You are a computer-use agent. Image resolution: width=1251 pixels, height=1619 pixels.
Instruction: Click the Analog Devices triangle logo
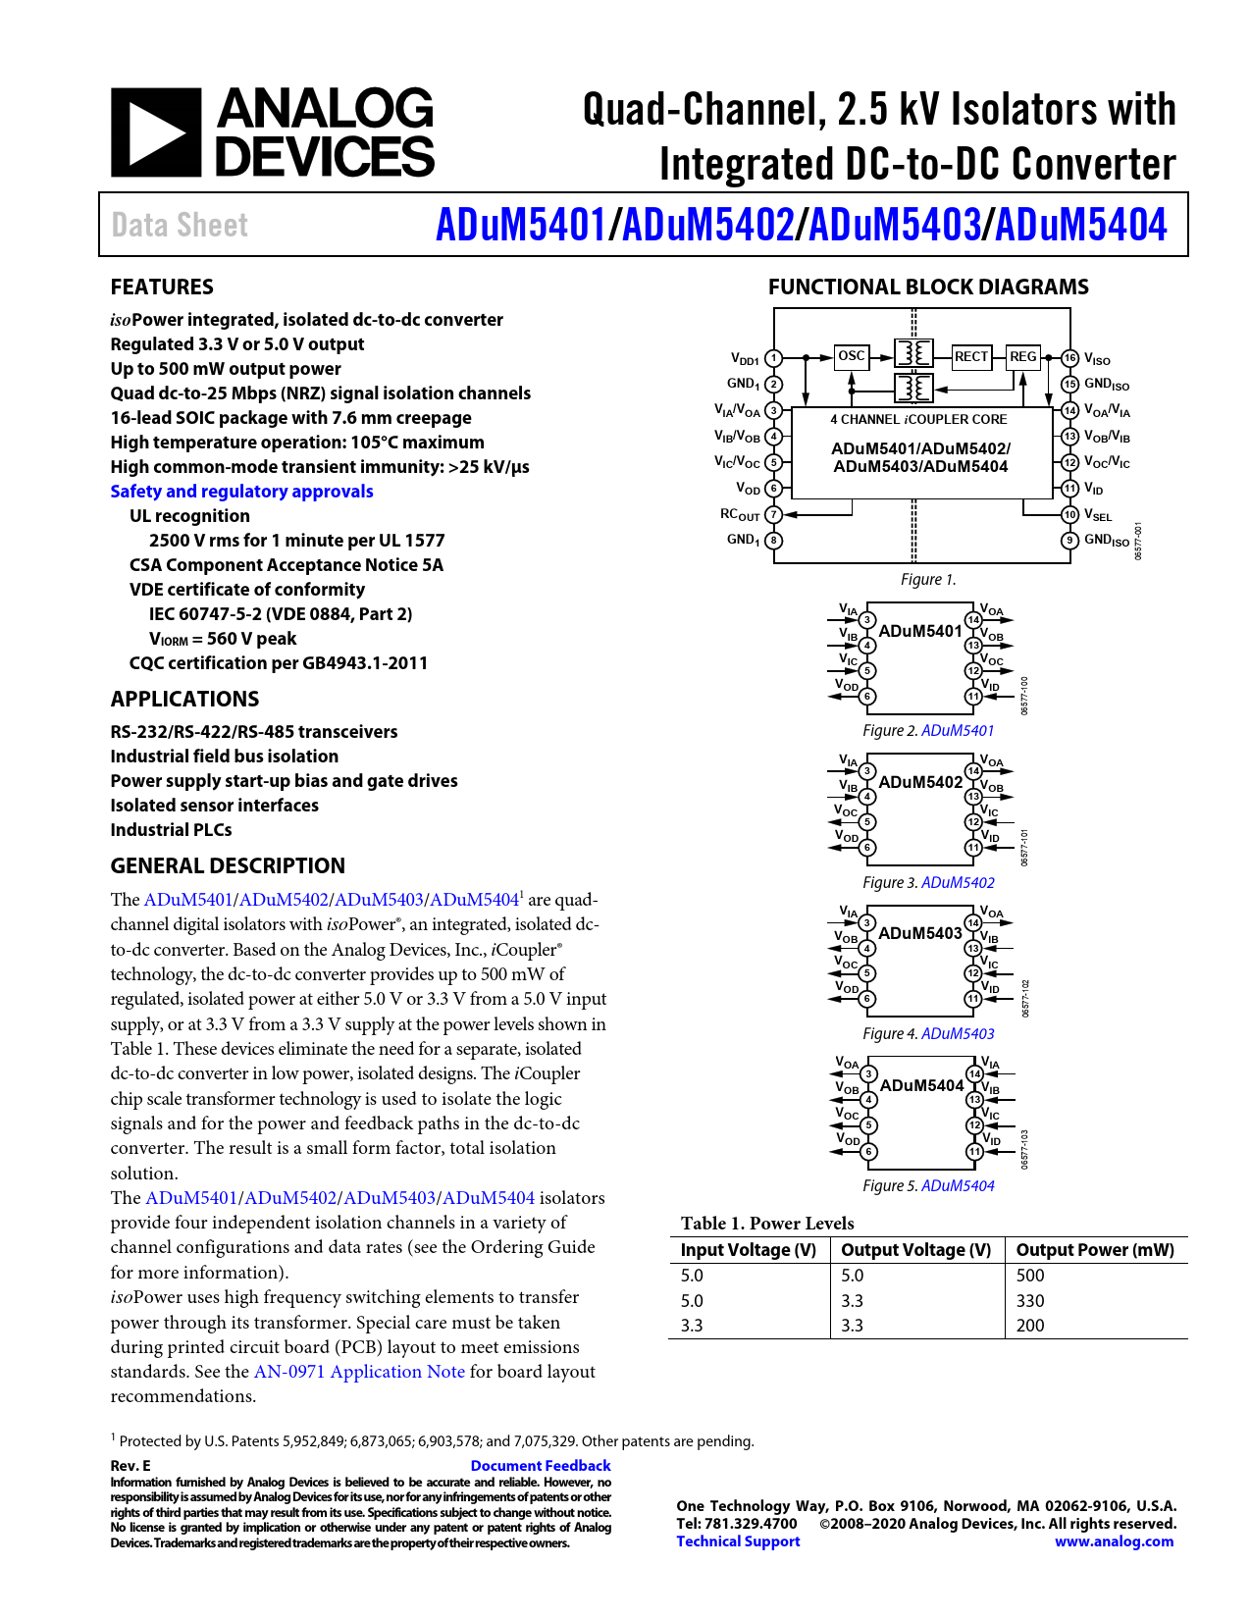click(x=156, y=132)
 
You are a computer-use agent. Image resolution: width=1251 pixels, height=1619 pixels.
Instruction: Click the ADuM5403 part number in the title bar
click(x=894, y=225)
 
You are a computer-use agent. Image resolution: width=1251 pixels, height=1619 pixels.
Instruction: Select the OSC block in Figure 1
click(x=851, y=356)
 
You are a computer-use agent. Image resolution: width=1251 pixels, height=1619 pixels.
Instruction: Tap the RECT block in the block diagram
click(x=970, y=357)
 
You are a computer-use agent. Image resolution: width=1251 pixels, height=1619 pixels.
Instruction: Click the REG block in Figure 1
click(x=1023, y=357)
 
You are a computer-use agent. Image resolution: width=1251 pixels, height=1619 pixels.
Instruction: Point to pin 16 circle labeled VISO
click(x=1069, y=358)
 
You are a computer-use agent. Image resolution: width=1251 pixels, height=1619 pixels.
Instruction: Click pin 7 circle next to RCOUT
click(x=773, y=514)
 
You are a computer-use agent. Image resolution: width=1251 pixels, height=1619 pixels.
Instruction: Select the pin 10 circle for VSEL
click(x=1069, y=514)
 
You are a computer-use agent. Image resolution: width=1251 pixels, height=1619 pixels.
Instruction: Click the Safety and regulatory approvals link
click(x=241, y=492)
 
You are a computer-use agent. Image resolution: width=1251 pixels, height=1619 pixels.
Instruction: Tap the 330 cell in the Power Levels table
click(x=1029, y=1301)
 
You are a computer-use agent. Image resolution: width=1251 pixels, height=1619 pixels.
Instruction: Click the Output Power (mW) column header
click(x=1095, y=1250)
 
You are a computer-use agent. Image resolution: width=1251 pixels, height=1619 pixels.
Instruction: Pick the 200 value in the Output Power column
click(x=1029, y=1326)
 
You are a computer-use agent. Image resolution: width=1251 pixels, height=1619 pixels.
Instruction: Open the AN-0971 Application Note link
click(x=359, y=1372)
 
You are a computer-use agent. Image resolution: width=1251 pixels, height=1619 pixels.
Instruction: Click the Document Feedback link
click(x=541, y=1466)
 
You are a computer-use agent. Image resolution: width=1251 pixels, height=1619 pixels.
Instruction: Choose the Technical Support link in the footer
click(x=738, y=1541)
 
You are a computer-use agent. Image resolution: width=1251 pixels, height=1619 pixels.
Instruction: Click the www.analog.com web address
click(x=1114, y=1541)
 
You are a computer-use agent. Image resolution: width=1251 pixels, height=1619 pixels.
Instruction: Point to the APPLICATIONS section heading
click(x=184, y=699)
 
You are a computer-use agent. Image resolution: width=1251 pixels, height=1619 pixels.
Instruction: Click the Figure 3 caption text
click(x=928, y=882)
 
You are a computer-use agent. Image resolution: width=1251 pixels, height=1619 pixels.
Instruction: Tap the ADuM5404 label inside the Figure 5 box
click(x=921, y=1085)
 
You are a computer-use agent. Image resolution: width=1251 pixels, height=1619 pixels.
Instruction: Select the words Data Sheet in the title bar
click(x=180, y=225)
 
